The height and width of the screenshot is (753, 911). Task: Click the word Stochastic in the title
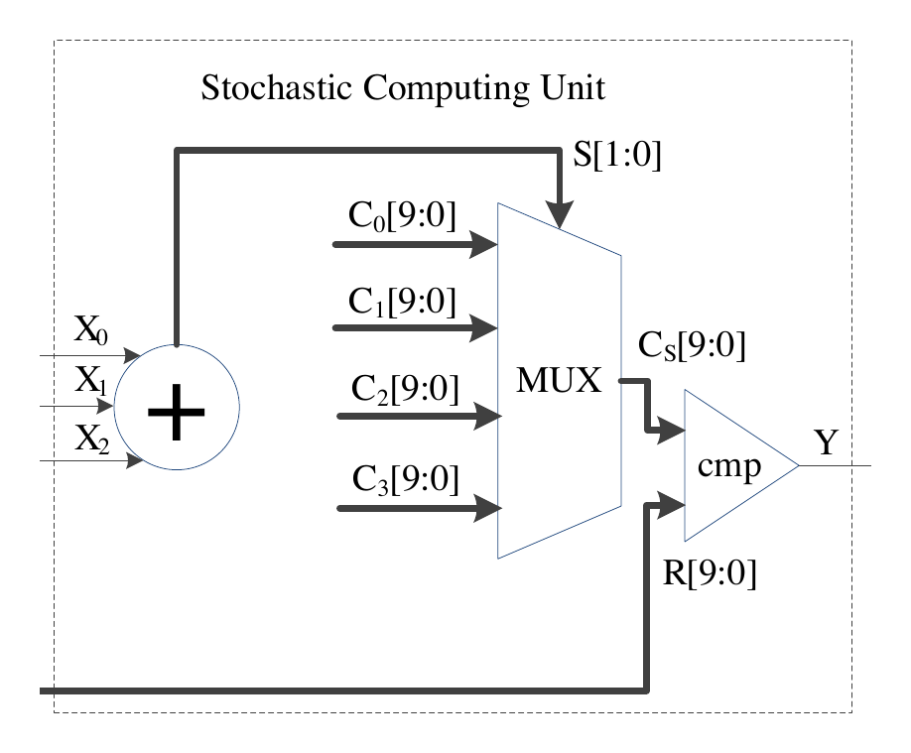(277, 87)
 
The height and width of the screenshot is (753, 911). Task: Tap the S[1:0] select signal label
(617, 155)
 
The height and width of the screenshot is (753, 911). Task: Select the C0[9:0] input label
(402, 215)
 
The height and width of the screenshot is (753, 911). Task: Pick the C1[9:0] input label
(402, 302)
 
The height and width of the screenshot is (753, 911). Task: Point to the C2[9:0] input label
(405, 388)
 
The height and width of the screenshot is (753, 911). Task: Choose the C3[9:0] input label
(406, 479)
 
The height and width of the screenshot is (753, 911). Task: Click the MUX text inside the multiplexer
(559, 381)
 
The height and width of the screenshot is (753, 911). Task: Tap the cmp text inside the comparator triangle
(729, 466)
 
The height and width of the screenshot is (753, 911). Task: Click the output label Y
(827, 442)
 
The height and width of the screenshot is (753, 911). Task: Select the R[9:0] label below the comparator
(710, 572)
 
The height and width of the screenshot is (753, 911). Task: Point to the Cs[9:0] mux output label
(692, 345)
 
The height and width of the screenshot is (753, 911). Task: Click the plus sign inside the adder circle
(177, 412)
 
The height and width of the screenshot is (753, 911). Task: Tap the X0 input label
(90, 330)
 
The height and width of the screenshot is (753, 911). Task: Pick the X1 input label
(90, 381)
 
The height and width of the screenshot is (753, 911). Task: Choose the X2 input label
(92, 439)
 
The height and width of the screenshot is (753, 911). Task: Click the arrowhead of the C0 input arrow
(483, 245)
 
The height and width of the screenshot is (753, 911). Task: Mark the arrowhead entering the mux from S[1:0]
(559, 214)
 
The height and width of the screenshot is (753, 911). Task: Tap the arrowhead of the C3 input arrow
(488, 508)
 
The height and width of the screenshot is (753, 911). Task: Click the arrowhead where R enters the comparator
(672, 506)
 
